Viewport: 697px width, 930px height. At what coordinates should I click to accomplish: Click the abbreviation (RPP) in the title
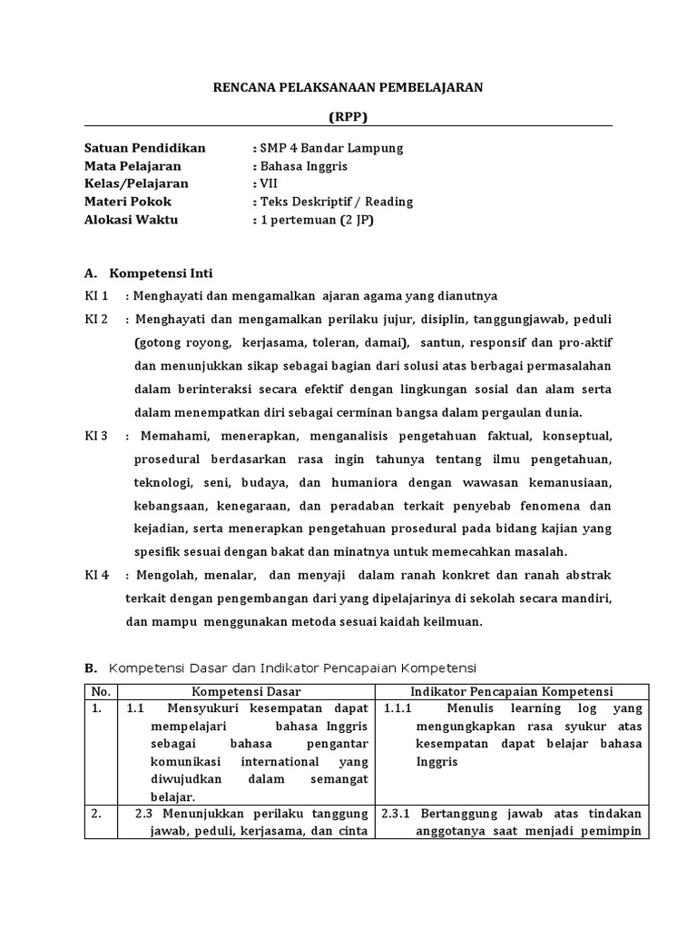click(x=348, y=116)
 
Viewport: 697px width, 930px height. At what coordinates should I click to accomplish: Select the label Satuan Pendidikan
click(x=145, y=148)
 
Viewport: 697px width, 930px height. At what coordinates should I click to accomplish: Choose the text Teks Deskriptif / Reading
click(x=336, y=202)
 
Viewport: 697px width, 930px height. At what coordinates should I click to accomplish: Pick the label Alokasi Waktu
click(x=132, y=220)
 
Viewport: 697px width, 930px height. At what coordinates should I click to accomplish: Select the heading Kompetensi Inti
click(x=161, y=272)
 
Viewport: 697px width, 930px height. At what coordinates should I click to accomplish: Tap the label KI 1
click(x=96, y=296)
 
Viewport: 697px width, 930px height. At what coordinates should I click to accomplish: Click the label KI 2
click(x=96, y=320)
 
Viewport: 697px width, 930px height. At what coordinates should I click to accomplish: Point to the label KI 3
click(x=96, y=436)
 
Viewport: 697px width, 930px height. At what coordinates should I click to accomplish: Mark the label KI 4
click(x=96, y=576)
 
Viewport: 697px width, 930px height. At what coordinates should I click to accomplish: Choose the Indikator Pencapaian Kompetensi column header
click(x=512, y=691)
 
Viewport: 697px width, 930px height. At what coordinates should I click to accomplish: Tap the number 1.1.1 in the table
click(x=398, y=708)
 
